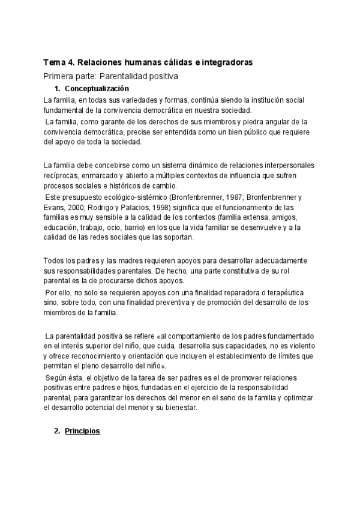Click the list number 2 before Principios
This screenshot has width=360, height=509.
click(x=57, y=432)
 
